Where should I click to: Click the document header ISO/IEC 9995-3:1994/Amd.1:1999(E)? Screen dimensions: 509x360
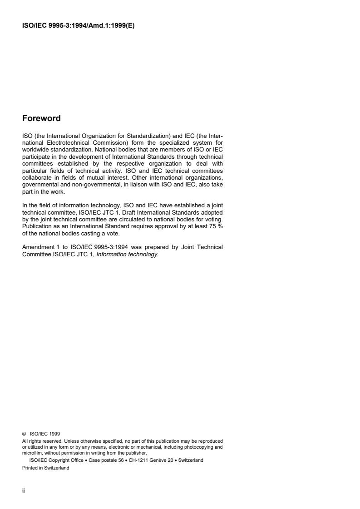click(79, 25)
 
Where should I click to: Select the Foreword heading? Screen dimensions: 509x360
click(41, 118)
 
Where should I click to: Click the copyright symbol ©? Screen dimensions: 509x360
click(24, 434)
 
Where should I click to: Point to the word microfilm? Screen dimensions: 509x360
click(32, 452)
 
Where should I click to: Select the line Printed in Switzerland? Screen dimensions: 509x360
click(46, 468)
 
